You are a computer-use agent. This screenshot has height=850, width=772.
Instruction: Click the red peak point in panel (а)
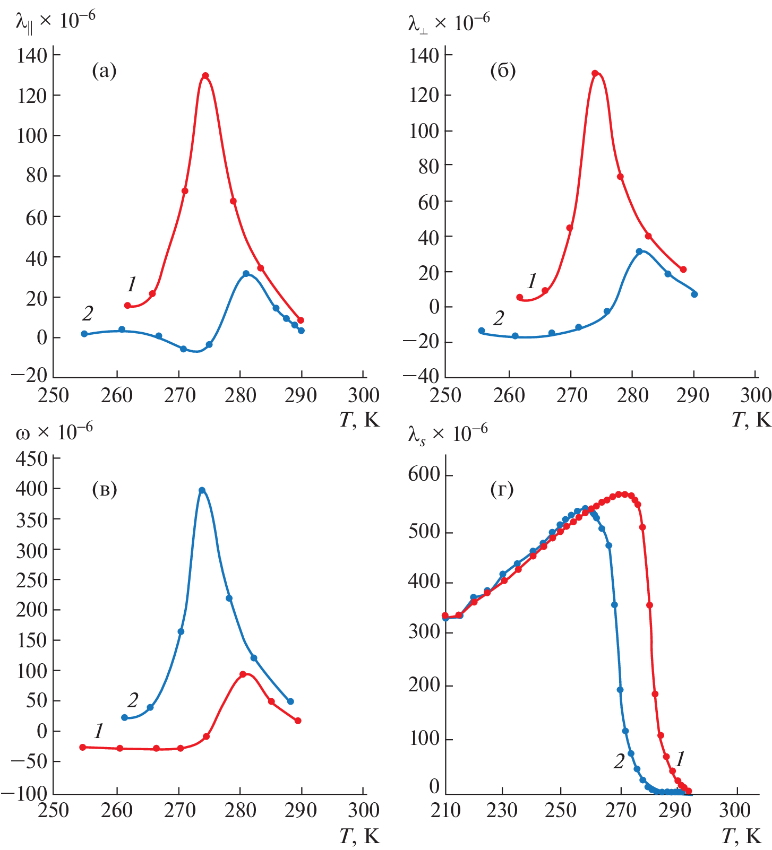205,76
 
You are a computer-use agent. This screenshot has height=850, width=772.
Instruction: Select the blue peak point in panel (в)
202,490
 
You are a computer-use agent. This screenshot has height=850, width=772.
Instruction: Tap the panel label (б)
503,71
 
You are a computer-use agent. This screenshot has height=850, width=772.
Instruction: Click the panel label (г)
502,489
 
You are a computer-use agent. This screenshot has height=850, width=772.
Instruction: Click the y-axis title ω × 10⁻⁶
54,432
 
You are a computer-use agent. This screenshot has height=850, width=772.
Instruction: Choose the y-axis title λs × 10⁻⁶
448,435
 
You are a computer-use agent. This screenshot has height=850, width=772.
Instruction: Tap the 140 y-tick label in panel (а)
32,55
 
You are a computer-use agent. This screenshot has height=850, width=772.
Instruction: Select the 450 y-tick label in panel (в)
32,458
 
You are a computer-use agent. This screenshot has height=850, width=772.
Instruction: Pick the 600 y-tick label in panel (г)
424,474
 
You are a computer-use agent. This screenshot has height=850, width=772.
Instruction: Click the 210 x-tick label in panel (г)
445,810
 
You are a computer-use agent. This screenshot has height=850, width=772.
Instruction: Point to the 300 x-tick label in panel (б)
756,395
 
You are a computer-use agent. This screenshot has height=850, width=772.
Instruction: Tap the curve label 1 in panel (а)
132,284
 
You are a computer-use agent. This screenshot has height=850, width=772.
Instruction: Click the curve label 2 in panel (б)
498,318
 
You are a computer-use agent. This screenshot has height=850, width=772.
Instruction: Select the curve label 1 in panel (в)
99,731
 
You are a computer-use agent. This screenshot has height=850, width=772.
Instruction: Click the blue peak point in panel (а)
246,274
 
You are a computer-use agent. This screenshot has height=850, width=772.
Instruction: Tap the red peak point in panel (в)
243,674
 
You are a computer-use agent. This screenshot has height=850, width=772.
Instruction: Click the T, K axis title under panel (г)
741,837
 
